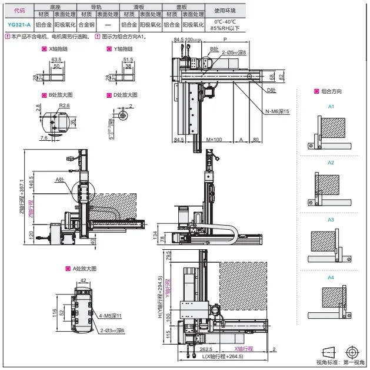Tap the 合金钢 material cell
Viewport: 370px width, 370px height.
click(x=86, y=25)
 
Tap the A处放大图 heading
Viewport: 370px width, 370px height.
click(x=84, y=268)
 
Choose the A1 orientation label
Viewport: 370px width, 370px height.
click(x=331, y=107)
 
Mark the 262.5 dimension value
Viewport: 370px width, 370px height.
click(x=189, y=349)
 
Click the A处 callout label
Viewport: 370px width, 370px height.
click(x=59, y=180)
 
